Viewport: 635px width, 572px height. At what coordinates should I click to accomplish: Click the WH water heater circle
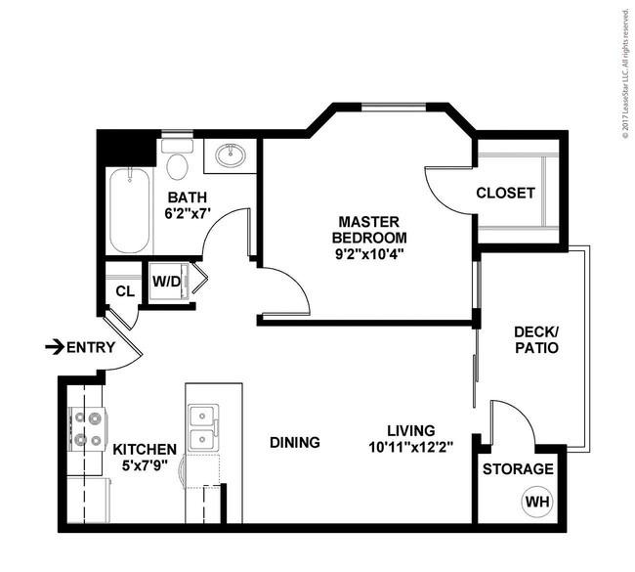coord(537,502)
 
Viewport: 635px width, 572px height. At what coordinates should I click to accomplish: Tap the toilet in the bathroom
coord(178,159)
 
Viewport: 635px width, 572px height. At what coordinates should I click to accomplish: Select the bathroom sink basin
coord(230,155)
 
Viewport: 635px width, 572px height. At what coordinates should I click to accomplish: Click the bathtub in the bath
coord(129,211)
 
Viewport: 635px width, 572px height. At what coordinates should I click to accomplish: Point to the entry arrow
coord(55,347)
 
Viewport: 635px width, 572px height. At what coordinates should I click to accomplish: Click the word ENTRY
coord(91,347)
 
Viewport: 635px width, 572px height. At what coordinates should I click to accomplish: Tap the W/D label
coord(166,282)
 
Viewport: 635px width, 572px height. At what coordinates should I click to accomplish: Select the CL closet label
coord(125,291)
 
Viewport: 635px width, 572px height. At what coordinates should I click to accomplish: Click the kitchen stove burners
coord(88,428)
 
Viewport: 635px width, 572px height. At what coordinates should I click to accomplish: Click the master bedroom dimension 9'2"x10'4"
coord(369,253)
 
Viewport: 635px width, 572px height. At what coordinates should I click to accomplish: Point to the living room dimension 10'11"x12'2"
coord(410,447)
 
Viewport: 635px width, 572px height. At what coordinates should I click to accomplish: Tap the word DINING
coord(295,442)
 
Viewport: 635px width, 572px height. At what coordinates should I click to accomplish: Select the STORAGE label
coord(518,469)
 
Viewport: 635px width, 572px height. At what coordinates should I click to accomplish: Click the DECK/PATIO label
coord(536,339)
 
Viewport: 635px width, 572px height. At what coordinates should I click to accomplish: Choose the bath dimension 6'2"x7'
coord(188,213)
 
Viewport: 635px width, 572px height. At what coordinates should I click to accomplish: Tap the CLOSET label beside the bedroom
coord(505,193)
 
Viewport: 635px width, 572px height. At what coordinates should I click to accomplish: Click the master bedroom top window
coord(394,107)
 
